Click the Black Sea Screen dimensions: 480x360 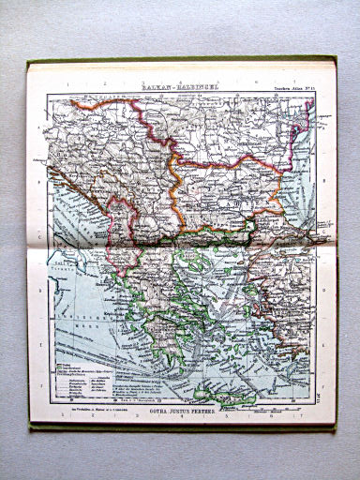300,169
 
